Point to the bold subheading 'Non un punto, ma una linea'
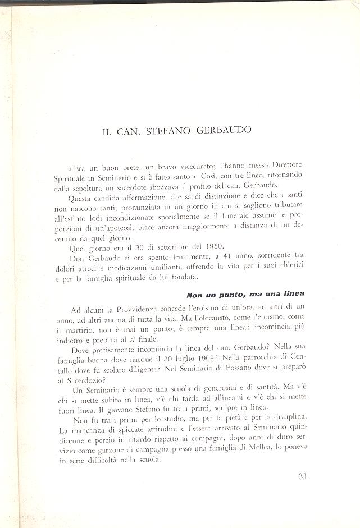pos(248,294)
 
